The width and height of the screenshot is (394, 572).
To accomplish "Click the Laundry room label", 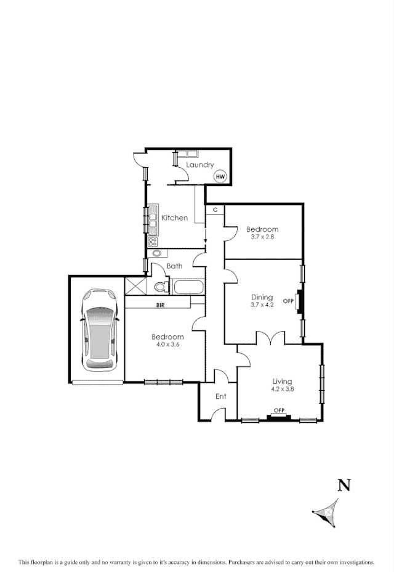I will (x=201, y=165).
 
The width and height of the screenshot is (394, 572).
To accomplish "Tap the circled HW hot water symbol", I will (x=220, y=177).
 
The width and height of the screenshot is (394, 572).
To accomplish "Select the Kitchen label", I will (x=174, y=218).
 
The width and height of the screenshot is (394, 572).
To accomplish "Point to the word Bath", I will (x=174, y=266).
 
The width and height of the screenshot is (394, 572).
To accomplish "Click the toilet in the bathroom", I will (x=161, y=286).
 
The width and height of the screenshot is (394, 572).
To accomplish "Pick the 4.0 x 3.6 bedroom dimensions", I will (x=167, y=345).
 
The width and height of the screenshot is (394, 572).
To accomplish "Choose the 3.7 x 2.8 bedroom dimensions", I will (x=264, y=237).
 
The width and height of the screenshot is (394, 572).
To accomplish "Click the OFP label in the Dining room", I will (x=287, y=301).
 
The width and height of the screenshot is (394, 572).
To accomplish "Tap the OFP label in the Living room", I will (x=279, y=411).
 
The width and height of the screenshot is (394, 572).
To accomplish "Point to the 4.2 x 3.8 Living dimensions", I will (x=281, y=390).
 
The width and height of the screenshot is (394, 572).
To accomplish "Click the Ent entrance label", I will (x=220, y=396).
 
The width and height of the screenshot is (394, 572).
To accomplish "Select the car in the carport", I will (x=100, y=330).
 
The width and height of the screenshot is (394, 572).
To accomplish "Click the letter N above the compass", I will (x=344, y=485).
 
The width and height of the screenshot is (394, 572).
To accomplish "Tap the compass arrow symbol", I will (x=326, y=512).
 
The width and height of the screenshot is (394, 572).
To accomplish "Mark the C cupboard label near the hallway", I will (x=215, y=210).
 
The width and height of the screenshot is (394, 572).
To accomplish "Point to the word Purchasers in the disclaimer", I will (x=249, y=562).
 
